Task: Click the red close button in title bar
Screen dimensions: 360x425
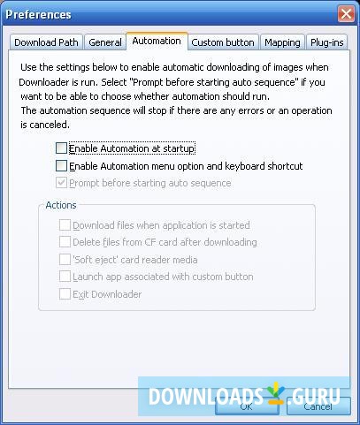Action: pos(345,14)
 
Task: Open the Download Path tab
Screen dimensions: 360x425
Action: pos(47,42)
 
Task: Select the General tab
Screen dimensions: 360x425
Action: pos(105,42)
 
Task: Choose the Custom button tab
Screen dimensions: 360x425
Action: pos(223,42)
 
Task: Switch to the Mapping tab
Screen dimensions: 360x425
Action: pos(282,42)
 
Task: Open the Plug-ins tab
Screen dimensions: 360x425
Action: pos(327,42)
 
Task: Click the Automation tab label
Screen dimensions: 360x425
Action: pos(156,41)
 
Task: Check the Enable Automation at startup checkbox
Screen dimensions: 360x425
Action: pos(61,148)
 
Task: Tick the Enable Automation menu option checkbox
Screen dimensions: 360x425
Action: pos(61,166)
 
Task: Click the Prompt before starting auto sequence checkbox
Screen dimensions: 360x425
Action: pos(61,183)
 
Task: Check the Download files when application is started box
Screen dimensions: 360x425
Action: pos(65,225)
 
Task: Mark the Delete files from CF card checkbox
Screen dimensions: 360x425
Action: pos(65,242)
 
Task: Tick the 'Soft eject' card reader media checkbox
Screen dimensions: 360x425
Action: pos(65,260)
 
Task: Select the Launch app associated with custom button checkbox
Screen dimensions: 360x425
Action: pos(65,277)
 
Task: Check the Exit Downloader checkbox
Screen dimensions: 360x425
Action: pos(65,294)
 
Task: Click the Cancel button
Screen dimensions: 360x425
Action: pos(317,407)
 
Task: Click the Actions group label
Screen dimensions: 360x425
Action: pos(60,205)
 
